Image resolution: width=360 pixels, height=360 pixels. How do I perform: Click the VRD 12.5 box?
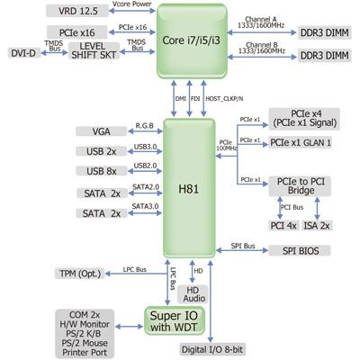click(x=77, y=11)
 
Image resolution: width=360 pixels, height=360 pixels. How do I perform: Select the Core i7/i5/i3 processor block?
click(x=192, y=41)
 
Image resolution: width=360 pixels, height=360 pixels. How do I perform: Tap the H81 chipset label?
click(x=189, y=189)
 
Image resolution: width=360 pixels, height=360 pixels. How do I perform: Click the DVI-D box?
click(x=23, y=53)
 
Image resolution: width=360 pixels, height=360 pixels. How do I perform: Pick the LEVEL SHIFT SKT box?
click(x=94, y=50)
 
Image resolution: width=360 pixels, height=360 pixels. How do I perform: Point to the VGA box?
click(x=102, y=131)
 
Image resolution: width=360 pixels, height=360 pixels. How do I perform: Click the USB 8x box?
click(x=102, y=171)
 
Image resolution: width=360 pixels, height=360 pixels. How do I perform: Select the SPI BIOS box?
click(x=300, y=251)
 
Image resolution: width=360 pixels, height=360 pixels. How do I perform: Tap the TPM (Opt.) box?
click(x=80, y=274)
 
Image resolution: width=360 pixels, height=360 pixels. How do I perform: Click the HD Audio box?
click(x=193, y=294)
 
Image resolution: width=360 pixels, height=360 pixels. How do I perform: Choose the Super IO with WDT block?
click(x=175, y=320)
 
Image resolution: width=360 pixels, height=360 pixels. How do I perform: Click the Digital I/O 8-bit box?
click(x=212, y=349)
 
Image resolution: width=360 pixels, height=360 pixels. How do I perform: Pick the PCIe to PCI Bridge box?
click(x=300, y=186)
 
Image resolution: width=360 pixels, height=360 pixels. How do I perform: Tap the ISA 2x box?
click(x=317, y=226)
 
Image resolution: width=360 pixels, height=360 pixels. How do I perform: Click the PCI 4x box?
click(x=283, y=226)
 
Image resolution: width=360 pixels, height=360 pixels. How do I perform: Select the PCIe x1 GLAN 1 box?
click(x=300, y=143)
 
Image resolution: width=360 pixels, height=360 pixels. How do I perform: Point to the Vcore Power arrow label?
click(x=132, y=4)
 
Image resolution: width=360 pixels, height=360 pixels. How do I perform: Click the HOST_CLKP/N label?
click(x=224, y=98)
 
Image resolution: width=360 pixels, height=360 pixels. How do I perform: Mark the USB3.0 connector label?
click(x=145, y=147)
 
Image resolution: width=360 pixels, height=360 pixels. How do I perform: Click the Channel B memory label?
click(x=262, y=48)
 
